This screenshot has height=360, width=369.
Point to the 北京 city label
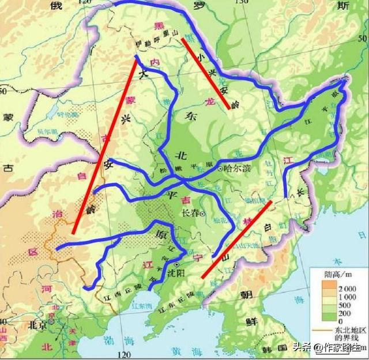coord(38,324)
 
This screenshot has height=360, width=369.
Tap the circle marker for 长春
coord(202,213)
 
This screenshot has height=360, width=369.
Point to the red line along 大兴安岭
coord(105,147)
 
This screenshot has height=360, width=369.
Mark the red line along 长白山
coord(236,240)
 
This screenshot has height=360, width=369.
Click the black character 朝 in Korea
coord(247,294)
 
